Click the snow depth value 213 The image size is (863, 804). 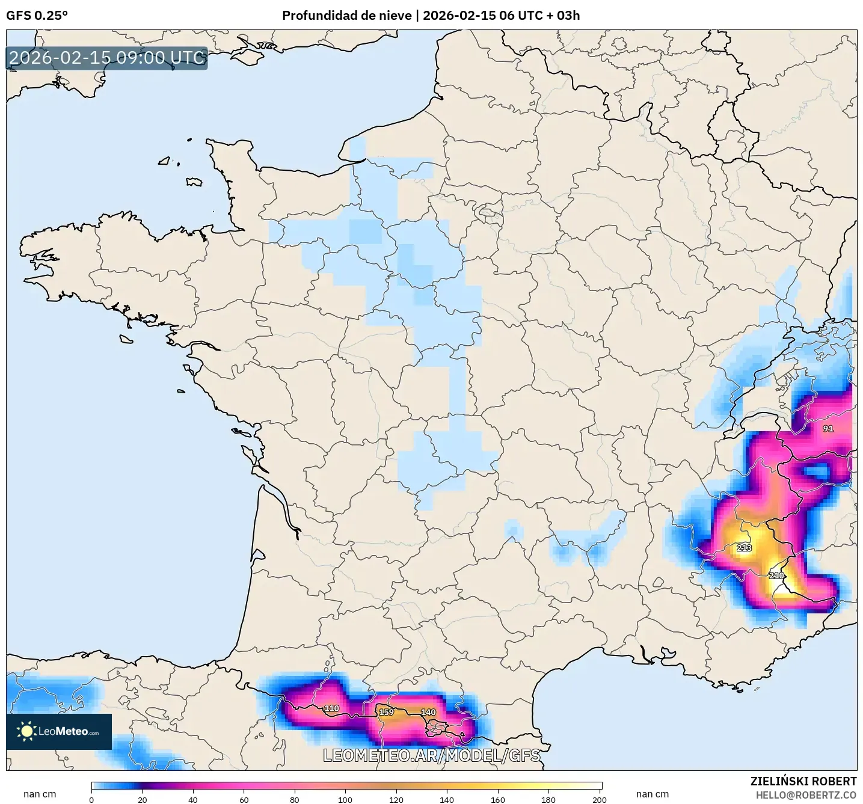(x=744, y=548)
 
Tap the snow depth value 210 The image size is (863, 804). (x=776, y=575)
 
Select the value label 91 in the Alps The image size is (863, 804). (x=828, y=429)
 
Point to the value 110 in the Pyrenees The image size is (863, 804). (x=331, y=708)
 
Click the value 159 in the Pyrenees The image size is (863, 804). (x=386, y=712)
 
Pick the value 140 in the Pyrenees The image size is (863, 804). (x=428, y=712)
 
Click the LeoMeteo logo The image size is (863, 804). (x=59, y=731)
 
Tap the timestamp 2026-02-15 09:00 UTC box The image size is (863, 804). (x=107, y=58)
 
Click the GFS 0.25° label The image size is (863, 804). (x=37, y=16)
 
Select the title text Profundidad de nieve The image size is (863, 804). (x=347, y=16)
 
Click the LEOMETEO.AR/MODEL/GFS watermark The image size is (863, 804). (x=431, y=755)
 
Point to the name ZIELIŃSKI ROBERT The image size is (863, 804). (x=803, y=781)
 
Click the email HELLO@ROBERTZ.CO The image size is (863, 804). (x=806, y=795)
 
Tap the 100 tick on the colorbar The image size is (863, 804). (x=345, y=800)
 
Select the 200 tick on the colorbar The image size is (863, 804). (x=599, y=800)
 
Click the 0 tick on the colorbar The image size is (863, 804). (x=91, y=800)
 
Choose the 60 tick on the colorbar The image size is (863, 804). (x=244, y=800)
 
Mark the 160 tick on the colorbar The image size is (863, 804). (x=497, y=800)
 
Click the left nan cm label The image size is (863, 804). (x=40, y=794)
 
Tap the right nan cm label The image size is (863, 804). (x=653, y=794)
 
